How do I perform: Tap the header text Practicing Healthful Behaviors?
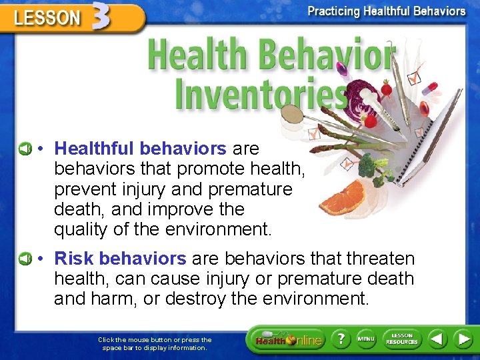click(x=386, y=11)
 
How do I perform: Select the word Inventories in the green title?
click(x=260, y=93)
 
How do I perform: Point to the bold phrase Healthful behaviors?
click(x=140, y=148)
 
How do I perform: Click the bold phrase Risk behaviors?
click(x=120, y=258)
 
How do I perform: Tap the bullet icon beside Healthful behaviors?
click(x=25, y=148)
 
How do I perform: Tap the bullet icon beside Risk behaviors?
click(x=25, y=258)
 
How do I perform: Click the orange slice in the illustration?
click(x=343, y=197)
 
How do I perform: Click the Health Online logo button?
click(x=287, y=340)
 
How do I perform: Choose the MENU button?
click(x=366, y=339)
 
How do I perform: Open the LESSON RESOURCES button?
click(x=402, y=339)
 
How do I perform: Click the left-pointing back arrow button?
click(x=437, y=339)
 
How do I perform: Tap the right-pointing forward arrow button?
click(x=463, y=339)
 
